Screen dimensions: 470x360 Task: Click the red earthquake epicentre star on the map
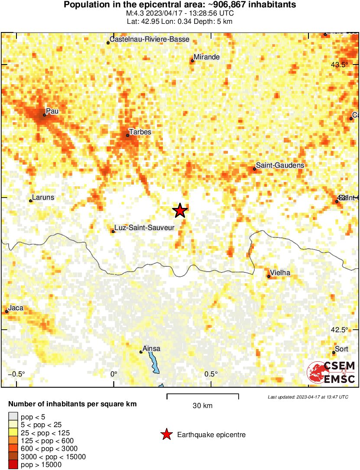180,211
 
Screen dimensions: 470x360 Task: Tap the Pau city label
52,111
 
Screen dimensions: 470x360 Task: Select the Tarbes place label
140,132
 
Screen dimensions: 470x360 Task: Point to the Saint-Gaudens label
280,165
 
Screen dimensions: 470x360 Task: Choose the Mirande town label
207,57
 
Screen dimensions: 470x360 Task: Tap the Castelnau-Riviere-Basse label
149,39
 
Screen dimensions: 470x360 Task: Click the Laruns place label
43,198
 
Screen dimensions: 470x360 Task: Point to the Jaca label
16,308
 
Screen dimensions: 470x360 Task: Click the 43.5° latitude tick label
339,65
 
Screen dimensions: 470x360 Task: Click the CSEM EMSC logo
331,372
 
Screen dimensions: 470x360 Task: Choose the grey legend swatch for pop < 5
13,417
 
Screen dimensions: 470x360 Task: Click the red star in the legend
166,435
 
